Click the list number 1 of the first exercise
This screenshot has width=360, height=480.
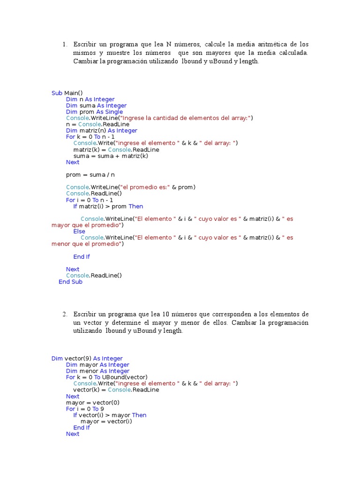(64, 45)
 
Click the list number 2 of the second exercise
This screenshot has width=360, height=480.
(64, 314)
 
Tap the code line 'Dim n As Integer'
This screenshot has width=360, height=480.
(90, 99)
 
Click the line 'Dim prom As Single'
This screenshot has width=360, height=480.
(94, 112)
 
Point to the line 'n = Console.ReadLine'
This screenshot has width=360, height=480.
(97, 125)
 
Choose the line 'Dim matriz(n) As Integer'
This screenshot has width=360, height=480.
(101, 131)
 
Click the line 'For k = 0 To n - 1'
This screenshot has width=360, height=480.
(90, 137)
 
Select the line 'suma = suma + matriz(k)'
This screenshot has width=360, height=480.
(111, 156)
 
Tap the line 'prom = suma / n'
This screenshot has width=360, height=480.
(90, 175)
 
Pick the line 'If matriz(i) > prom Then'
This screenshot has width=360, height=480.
(108, 206)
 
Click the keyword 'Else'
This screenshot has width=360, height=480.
(79, 232)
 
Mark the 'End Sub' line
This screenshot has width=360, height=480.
(70, 282)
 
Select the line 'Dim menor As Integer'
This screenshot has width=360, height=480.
(97, 371)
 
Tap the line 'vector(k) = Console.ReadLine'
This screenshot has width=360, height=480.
(116, 390)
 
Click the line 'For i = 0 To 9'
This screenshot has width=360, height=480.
(85, 409)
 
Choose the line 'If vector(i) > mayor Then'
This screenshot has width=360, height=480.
(110, 415)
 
